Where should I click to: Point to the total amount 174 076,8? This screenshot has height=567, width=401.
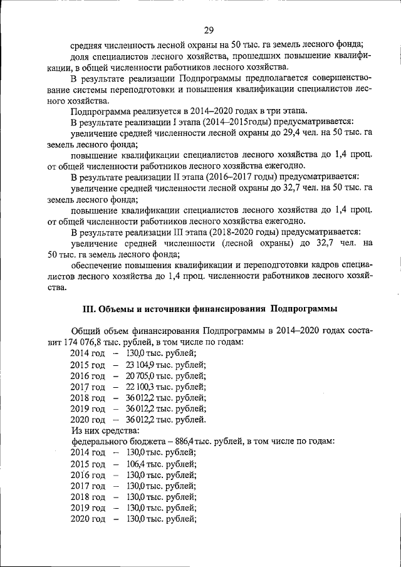pos(86,342)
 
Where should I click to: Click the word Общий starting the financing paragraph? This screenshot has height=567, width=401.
pos(85,331)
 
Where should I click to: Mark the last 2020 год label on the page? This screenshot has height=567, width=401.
pos(88,519)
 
